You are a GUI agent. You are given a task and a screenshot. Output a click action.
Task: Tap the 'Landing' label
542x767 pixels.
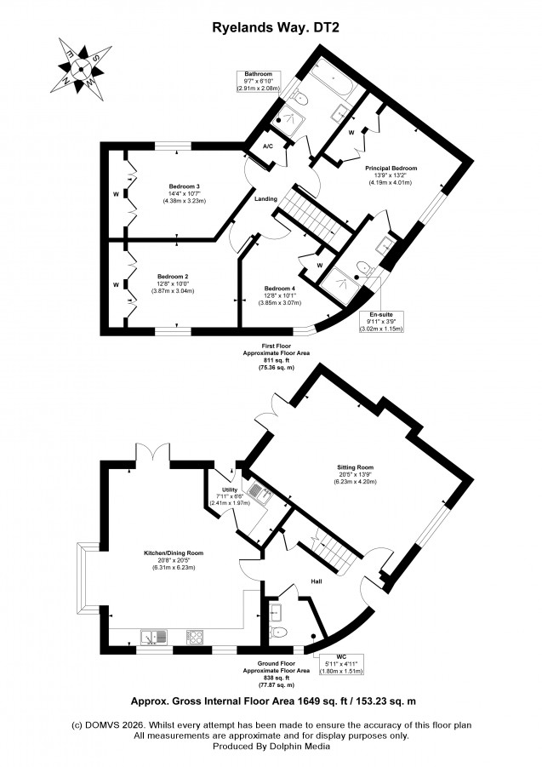[266, 199]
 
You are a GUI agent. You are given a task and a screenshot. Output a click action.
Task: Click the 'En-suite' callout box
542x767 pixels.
[380, 320]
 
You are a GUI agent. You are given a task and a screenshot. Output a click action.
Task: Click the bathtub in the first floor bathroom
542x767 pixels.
[327, 87]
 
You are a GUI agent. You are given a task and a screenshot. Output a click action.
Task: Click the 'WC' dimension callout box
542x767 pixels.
[344, 665]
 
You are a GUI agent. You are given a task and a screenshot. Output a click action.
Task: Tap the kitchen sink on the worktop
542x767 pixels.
[152, 635]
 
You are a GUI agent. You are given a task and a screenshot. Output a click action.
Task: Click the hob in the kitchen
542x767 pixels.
[193, 635]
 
